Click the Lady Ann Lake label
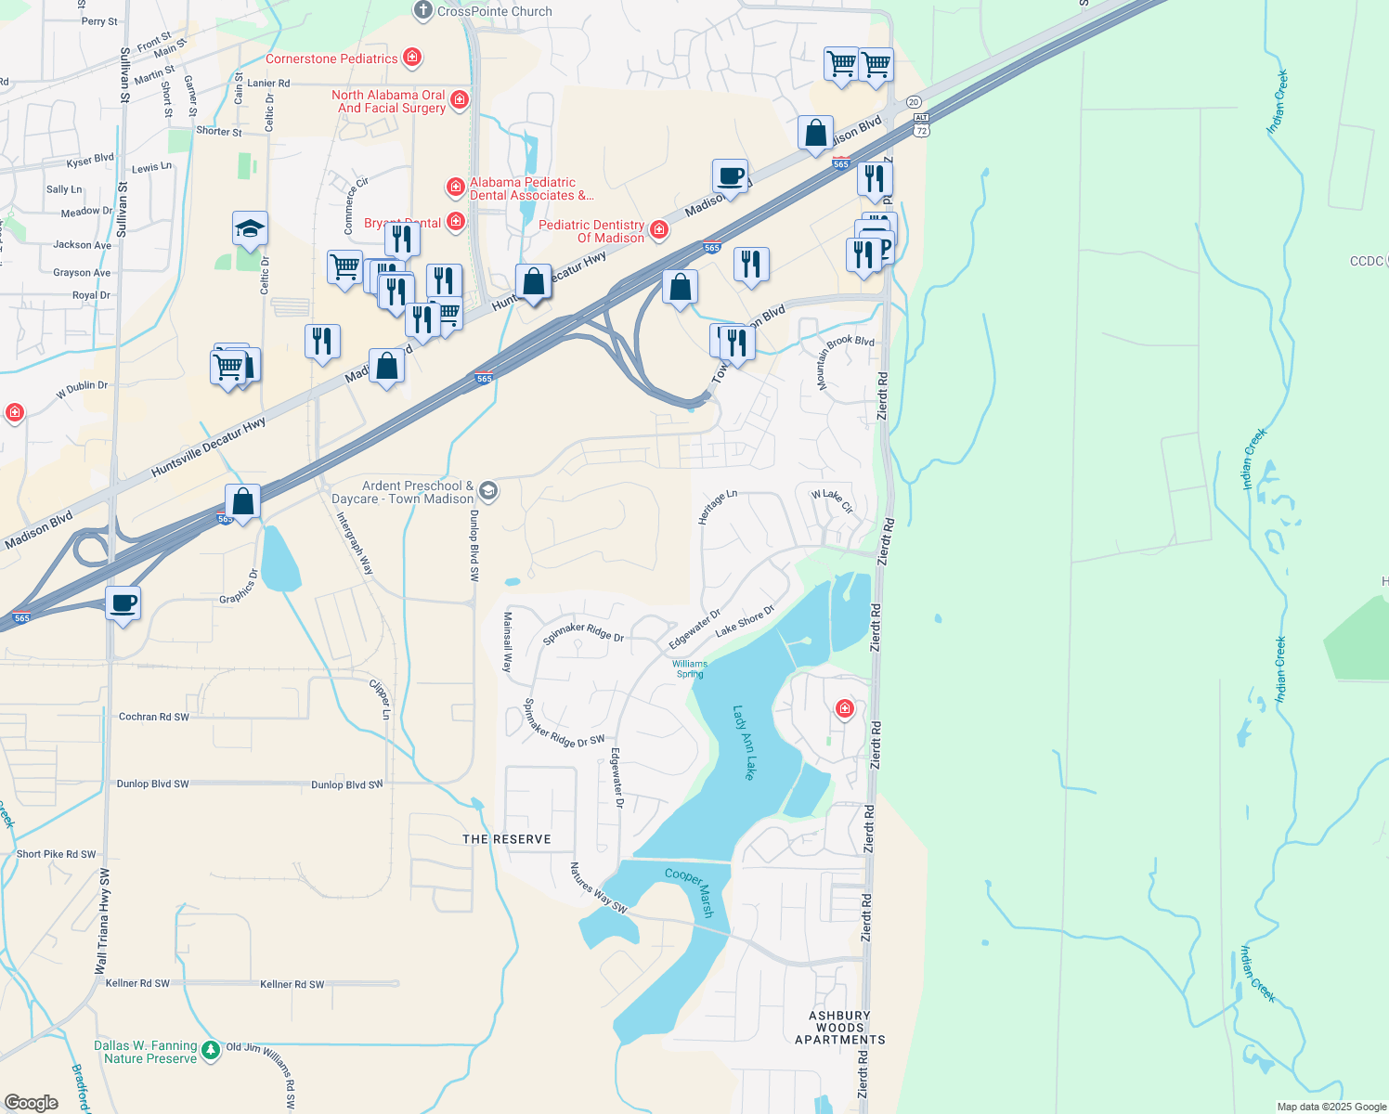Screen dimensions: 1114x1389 click(x=745, y=743)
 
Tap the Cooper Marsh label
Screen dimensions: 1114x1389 click(x=690, y=892)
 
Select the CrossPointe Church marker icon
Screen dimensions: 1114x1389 click(x=423, y=10)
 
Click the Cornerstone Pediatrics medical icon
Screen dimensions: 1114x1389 click(x=412, y=58)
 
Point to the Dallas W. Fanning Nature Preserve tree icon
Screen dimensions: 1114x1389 click(x=211, y=1050)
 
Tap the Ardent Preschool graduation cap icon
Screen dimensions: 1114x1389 click(x=488, y=491)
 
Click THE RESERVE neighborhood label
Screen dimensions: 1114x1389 click(x=507, y=839)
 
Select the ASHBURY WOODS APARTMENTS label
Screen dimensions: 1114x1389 click(x=840, y=1028)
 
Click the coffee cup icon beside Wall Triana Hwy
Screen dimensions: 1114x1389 click(x=123, y=604)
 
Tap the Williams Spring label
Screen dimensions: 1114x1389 click(x=690, y=668)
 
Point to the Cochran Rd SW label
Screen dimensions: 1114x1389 click(x=154, y=717)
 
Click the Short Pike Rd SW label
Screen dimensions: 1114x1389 click(x=56, y=854)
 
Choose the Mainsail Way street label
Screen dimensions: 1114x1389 click(x=508, y=641)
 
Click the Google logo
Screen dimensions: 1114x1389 click(x=32, y=1103)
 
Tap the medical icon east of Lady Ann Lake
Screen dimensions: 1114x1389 click(x=844, y=709)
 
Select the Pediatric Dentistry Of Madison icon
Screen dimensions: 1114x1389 click(x=659, y=229)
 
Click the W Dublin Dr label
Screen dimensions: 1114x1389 click(x=82, y=389)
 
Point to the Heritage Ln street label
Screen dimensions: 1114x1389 click(x=717, y=507)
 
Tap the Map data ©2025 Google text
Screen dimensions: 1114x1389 click(x=1331, y=1107)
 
